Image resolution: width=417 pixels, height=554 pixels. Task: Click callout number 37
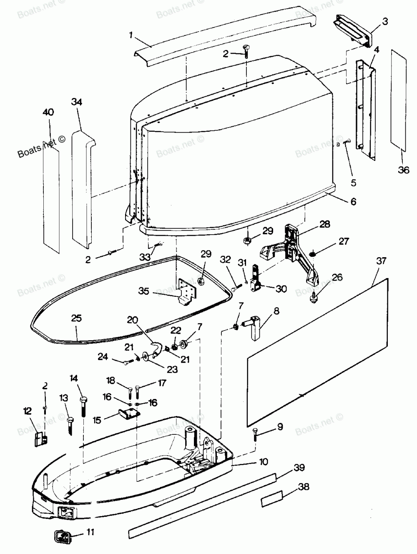(x=381, y=261)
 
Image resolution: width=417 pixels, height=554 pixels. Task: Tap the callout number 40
(x=48, y=112)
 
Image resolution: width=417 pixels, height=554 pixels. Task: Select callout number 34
(x=76, y=102)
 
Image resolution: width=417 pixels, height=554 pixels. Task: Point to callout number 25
(x=76, y=318)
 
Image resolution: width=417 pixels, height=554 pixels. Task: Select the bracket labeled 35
(x=187, y=291)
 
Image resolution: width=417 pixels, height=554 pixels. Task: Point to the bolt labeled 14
(x=83, y=407)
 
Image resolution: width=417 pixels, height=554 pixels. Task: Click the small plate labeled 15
(x=130, y=414)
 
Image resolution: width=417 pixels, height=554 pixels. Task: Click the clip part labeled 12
(x=41, y=440)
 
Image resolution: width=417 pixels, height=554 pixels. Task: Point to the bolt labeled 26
(x=314, y=297)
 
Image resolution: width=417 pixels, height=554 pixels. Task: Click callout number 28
(x=324, y=224)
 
